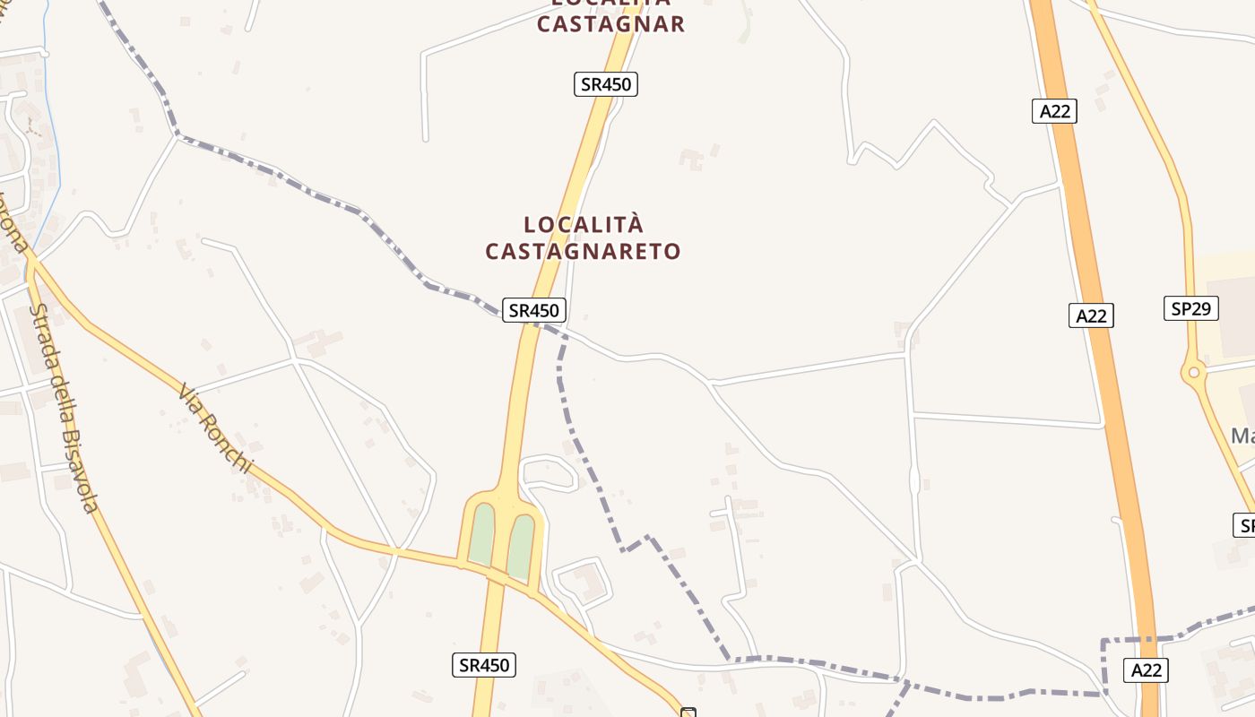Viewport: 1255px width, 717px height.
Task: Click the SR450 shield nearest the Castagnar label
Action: pyautogui.click(x=606, y=84)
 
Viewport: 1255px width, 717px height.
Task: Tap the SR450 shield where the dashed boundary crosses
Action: pyautogui.click(x=533, y=310)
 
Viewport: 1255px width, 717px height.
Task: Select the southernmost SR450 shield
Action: pyautogui.click(x=483, y=664)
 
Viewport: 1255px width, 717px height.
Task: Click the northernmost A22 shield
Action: pyautogui.click(x=1054, y=111)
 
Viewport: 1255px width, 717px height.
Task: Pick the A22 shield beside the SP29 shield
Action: pyautogui.click(x=1091, y=315)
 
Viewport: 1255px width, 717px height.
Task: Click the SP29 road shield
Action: pyautogui.click(x=1191, y=308)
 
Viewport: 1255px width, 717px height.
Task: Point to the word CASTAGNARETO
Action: pyautogui.click(x=584, y=252)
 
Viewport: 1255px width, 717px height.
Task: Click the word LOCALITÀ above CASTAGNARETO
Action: pyautogui.click(x=584, y=224)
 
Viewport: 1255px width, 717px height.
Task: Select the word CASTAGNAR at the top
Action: pyautogui.click(x=610, y=24)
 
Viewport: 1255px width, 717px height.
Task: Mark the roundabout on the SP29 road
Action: pyautogui.click(x=1193, y=372)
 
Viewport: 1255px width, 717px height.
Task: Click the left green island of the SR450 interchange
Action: pyautogui.click(x=482, y=533)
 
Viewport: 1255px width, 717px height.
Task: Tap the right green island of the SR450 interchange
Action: pyautogui.click(x=521, y=546)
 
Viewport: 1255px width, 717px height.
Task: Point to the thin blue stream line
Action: pyautogui.click(x=52, y=134)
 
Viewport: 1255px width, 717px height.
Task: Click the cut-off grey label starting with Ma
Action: pyautogui.click(x=1242, y=436)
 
